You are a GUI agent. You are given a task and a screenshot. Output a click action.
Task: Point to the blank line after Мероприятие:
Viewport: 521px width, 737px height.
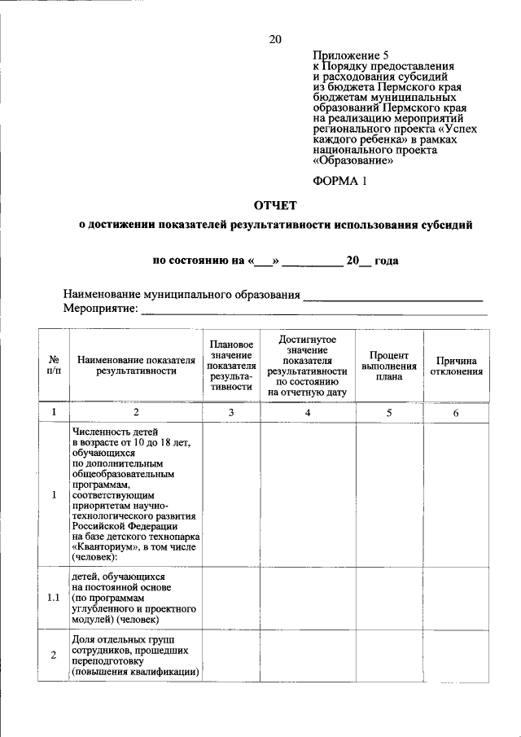[314, 310]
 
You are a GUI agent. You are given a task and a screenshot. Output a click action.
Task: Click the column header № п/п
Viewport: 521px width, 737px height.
[53, 364]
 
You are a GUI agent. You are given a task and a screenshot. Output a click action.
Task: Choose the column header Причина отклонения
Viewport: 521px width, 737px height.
[456, 366]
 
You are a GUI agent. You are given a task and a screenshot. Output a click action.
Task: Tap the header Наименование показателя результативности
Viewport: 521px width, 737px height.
[136, 365]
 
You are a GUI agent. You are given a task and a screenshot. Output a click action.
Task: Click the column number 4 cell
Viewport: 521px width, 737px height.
[307, 413]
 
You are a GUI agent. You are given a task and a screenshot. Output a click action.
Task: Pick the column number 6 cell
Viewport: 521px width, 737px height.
[456, 413]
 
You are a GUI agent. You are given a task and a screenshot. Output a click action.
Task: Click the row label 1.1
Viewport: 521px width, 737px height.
[53, 598]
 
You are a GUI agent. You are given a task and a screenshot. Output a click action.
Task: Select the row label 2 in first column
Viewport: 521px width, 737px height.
[53, 656]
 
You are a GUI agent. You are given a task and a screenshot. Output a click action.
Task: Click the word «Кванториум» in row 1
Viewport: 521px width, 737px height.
[105, 547]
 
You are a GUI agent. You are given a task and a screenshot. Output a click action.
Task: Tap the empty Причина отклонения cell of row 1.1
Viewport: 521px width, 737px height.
[456, 598]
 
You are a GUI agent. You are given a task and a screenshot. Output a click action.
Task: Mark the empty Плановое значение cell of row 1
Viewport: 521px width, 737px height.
[231, 495]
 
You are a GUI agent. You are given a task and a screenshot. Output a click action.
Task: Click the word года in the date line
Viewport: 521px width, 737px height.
[386, 261]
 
